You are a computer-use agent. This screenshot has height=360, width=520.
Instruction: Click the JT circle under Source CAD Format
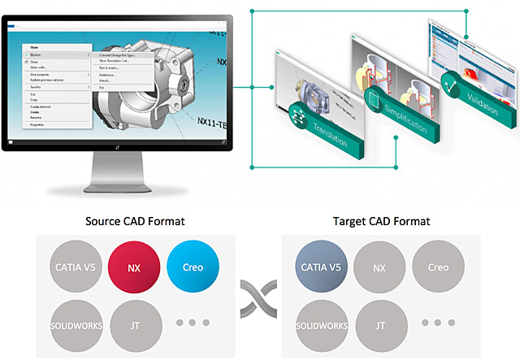(135, 325)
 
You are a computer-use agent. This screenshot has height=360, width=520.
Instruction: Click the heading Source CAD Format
(134, 221)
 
